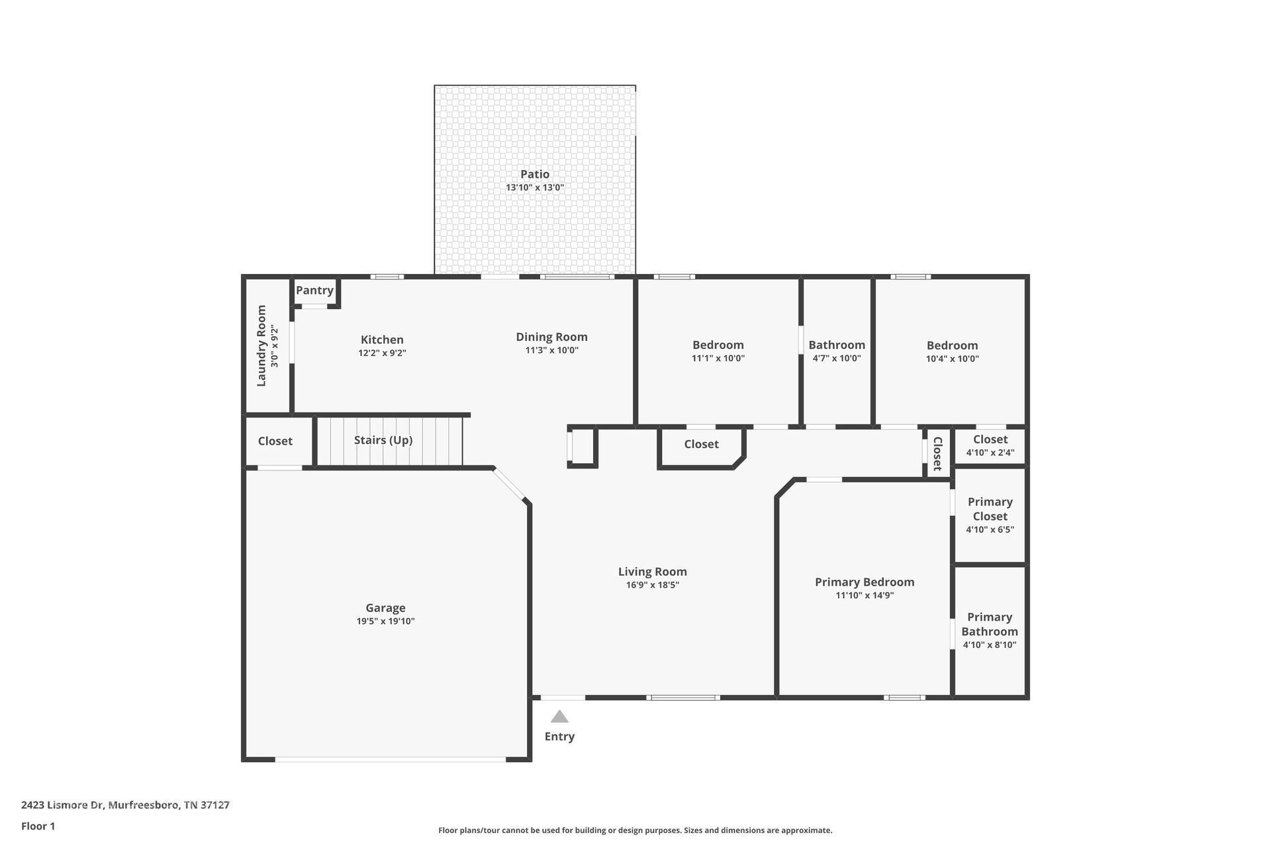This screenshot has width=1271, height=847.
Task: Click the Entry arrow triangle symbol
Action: click(x=559, y=717)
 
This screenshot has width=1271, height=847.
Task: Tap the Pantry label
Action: click(x=314, y=290)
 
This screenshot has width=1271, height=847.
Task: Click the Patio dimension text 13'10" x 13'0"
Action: click(x=535, y=187)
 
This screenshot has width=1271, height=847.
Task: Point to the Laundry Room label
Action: click(x=261, y=345)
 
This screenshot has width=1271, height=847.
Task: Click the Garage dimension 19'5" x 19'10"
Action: click(x=385, y=621)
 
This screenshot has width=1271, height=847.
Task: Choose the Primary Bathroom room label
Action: click(x=990, y=624)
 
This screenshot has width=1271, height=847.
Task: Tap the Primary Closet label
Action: click(x=990, y=509)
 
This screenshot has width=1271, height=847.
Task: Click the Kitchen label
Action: click(x=382, y=339)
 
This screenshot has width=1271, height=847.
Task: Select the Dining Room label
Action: click(x=551, y=337)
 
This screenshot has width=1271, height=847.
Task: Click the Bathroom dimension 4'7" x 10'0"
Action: click(x=837, y=359)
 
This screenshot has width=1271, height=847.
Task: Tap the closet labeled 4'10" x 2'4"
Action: click(x=990, y=445)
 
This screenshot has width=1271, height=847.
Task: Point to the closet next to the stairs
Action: click(x=275, y=441)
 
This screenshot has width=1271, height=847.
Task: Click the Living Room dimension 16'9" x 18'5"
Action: click(x=652, y=585)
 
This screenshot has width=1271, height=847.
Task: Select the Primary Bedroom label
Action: click(x=865, y=582)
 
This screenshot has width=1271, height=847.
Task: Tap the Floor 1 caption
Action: click(x=38, y=826)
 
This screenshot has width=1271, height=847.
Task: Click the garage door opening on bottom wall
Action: click(x=391, y=760)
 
